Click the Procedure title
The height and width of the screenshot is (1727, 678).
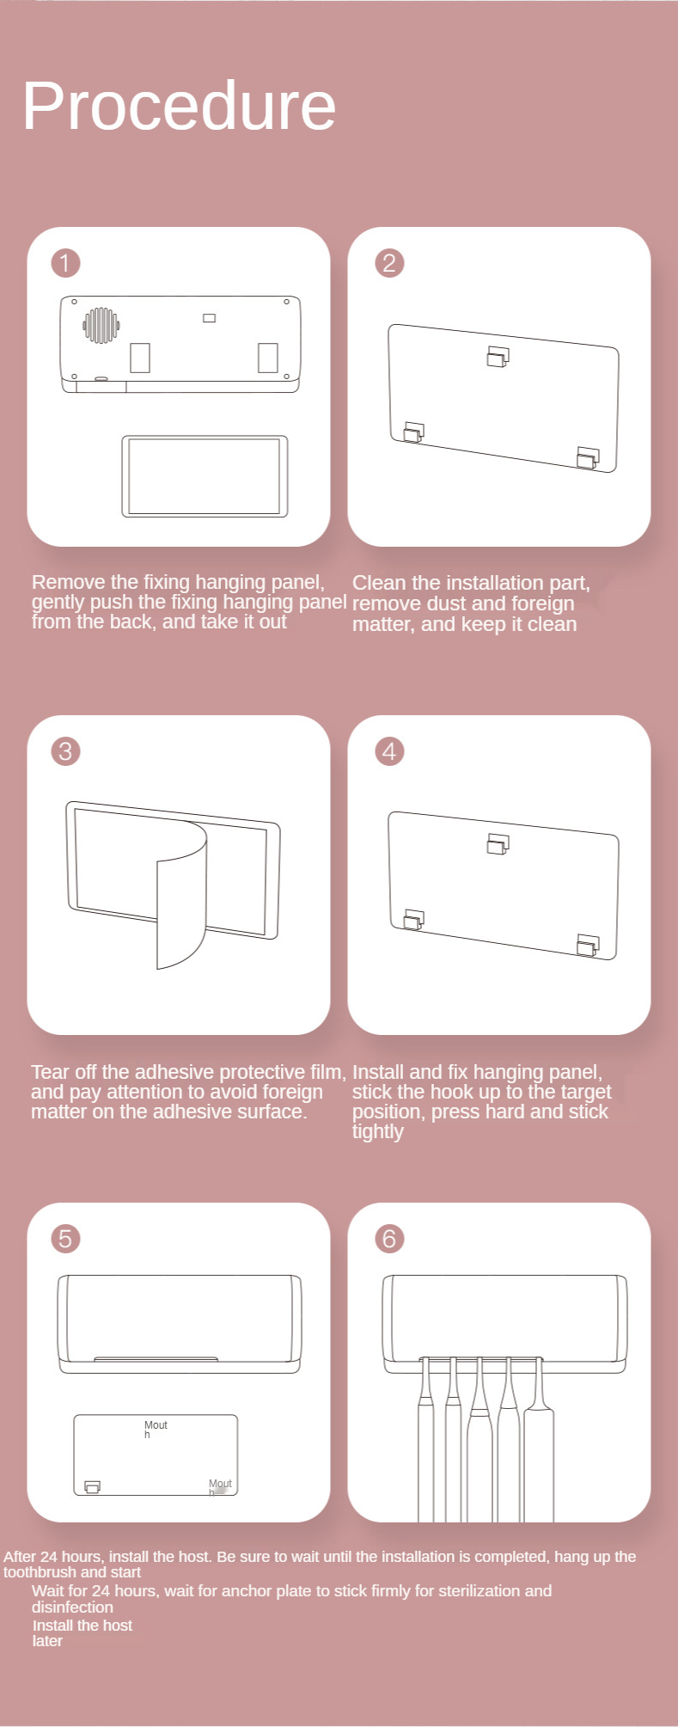(179, 106)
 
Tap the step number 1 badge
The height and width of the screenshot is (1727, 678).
(65, 263)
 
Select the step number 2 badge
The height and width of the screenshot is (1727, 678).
(389, 263)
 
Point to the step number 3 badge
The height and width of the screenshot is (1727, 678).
(65, 751)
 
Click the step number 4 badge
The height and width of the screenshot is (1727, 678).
(389, 751)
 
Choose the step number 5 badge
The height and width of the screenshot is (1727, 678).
(65, 1239)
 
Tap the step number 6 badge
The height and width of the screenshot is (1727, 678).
(389, 1239)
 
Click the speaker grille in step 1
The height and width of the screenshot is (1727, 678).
(101, 325)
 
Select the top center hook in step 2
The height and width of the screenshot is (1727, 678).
(498, 357)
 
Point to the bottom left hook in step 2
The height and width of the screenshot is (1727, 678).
(414, 432)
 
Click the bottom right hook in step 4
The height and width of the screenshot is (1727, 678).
(589, 945)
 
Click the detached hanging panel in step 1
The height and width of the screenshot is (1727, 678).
(205, 476)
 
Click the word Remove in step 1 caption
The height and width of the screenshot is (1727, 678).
(68, 582)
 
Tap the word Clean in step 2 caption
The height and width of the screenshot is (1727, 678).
(379, 583)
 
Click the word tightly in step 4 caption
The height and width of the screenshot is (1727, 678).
(377, 1132)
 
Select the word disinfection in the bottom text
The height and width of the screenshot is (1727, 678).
(72, 1607)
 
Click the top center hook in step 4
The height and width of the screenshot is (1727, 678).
(498, 844)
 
